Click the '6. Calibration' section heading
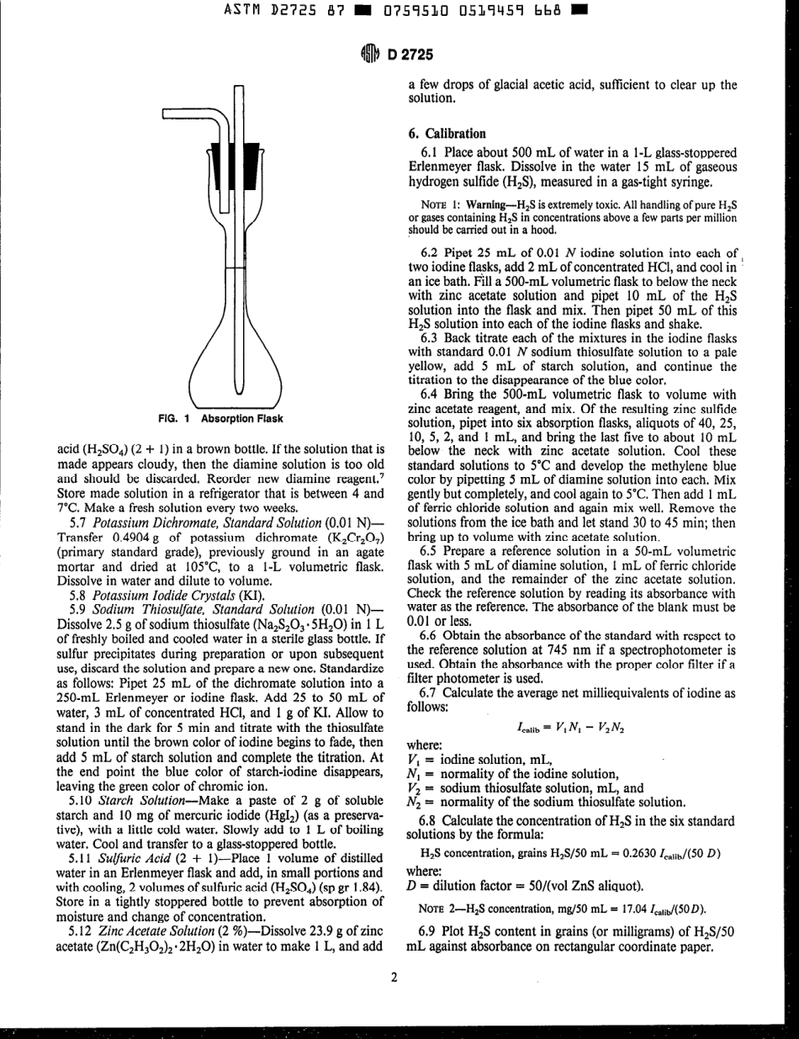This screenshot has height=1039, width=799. (446, 133)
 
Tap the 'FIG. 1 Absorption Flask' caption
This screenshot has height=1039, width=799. (221, 418)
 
